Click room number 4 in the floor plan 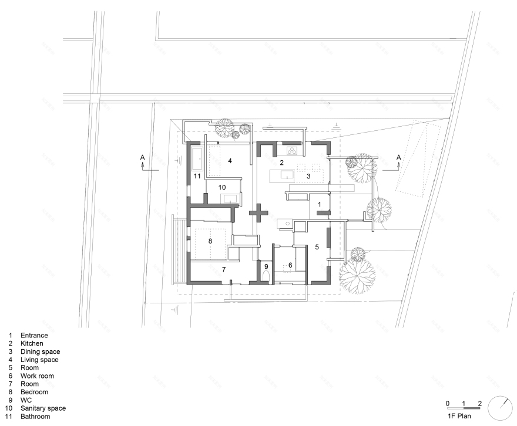coord(230,161)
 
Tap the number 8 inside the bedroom coord(210,241)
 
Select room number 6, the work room coord(290,265)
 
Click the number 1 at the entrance coord(319,204)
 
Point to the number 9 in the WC coord(266,266)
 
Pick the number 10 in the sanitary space coord(222,187)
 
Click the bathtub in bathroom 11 coord(197,158)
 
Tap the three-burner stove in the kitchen coord(292,151)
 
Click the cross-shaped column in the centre coord(258,213)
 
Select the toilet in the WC coord(266,276)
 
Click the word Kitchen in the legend coord(32,343)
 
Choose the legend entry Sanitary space coord(43,408)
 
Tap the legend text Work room coord(37,376)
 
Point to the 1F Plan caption coord(459,416)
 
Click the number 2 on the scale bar coord(480,403)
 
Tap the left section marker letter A coord(142,157)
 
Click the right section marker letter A coord(399,157)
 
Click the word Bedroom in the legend coord(34,392)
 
